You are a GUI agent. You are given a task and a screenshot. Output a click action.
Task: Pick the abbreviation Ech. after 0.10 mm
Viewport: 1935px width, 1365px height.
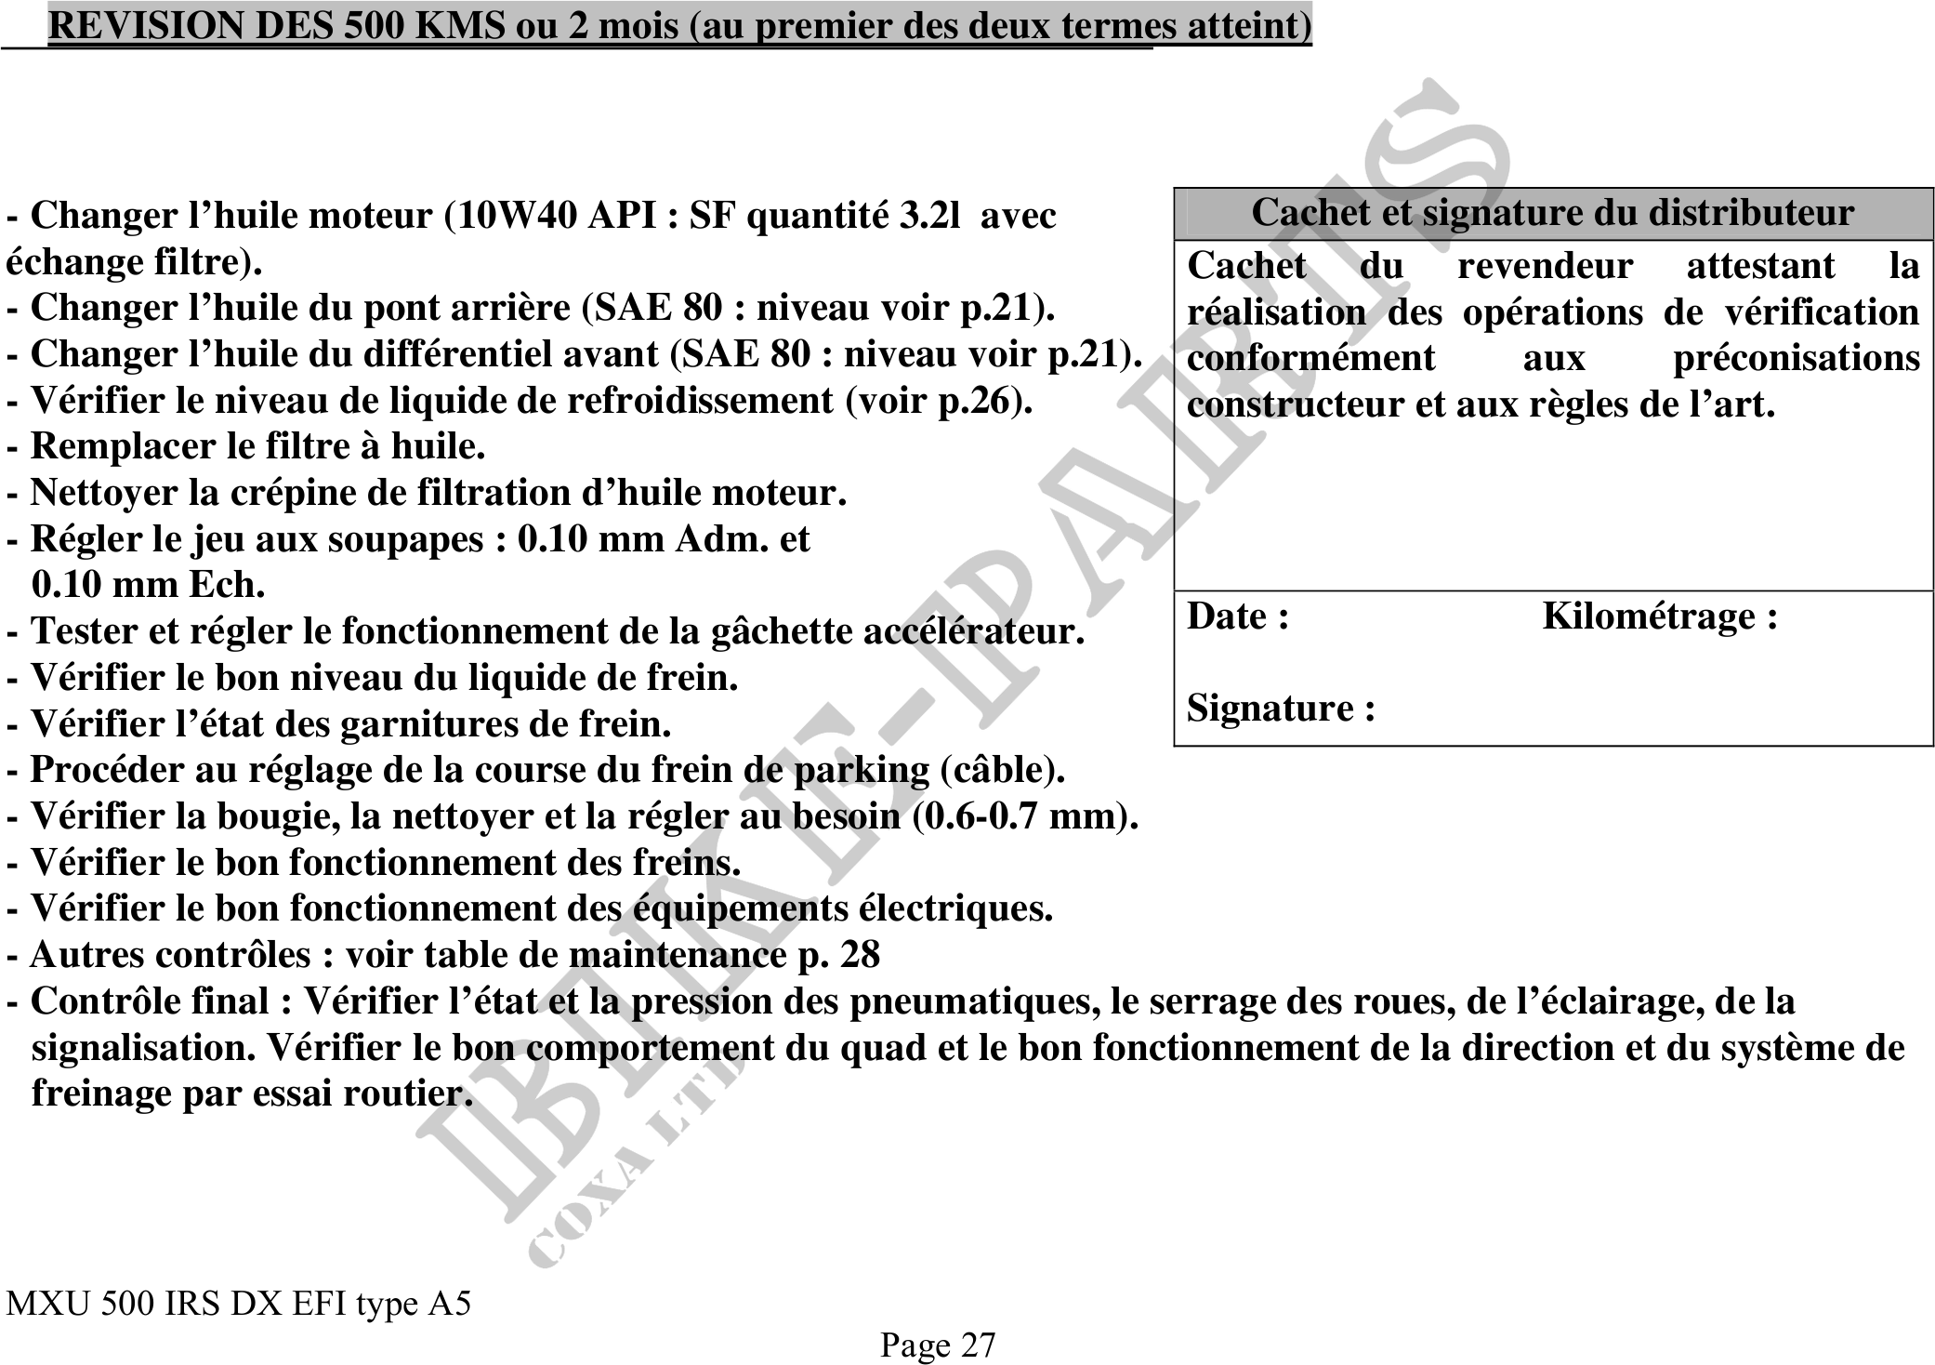click(x=227, y=585)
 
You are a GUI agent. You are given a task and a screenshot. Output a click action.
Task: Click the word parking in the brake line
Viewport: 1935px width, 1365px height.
click(x=861, y=770)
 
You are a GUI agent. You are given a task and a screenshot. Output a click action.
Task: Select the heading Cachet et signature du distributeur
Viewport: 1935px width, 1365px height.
click(x=1551, y=213)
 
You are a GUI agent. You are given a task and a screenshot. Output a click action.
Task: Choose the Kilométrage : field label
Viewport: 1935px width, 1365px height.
click(x=1660, y=616)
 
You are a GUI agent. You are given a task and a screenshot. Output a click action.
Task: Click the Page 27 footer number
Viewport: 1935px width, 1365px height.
click(x=938, y=1345)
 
